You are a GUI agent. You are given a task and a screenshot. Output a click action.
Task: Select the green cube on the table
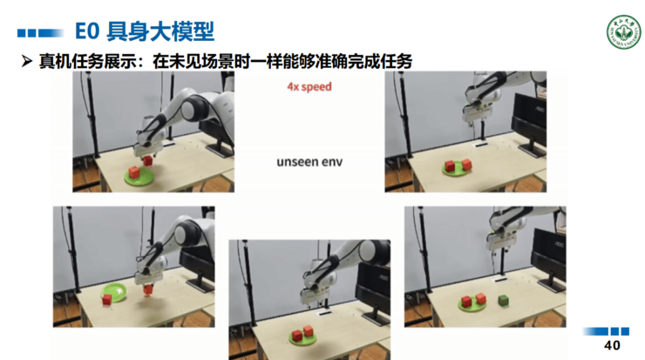(503, 299)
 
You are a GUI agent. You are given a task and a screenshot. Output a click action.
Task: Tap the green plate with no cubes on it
(113, 290)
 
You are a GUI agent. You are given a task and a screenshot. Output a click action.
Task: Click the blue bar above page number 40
(606, 332)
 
